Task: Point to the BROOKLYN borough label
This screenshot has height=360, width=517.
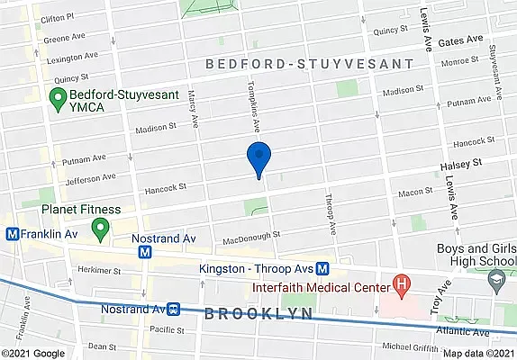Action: (258, 314)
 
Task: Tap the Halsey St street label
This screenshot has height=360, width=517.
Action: (462, 163)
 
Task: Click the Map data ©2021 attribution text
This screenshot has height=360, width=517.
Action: (479, 354)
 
